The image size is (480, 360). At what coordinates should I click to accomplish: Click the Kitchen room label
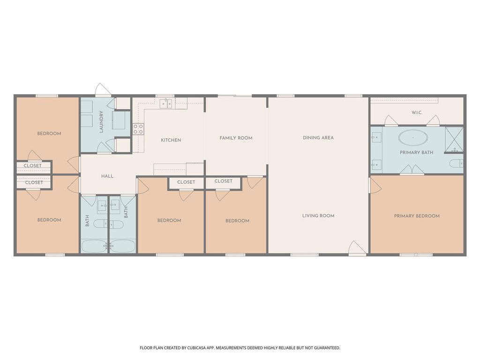point(171,140)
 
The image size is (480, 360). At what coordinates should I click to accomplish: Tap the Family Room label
point(236,138)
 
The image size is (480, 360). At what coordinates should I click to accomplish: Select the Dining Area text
point(318,138)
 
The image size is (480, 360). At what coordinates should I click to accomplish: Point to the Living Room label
point(318,216)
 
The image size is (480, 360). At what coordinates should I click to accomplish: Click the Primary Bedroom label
point(417,216)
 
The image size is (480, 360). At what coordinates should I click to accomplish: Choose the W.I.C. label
point(417,112)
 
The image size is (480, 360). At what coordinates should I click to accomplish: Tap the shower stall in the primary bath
point(454,139)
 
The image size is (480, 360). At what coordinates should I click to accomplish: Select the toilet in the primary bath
point(457,164)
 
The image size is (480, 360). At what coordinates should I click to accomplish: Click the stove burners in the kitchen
point(138,129)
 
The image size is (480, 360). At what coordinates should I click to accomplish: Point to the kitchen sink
point(165,104)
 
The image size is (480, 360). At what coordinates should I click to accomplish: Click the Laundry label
point(101,122)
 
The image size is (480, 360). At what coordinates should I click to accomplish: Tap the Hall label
point(107,176)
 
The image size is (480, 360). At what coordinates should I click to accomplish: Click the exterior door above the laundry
point(103,90)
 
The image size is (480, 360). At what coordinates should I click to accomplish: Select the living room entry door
point(357,247)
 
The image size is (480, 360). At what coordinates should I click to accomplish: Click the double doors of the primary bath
point(412,170)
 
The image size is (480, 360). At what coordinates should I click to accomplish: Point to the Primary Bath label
point(416,152)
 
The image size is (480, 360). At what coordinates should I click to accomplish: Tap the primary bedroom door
point(375,186)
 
